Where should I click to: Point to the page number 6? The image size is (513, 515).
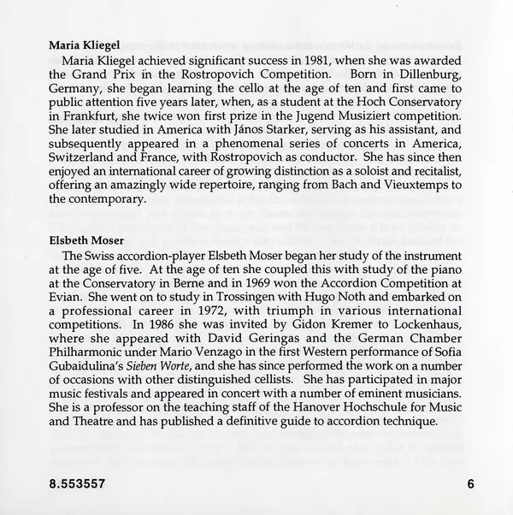coord(470,484)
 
